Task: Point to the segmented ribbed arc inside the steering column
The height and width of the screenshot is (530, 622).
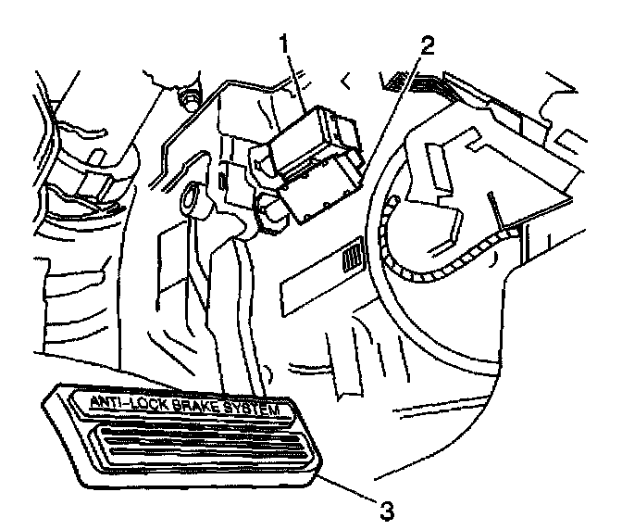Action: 435,265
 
